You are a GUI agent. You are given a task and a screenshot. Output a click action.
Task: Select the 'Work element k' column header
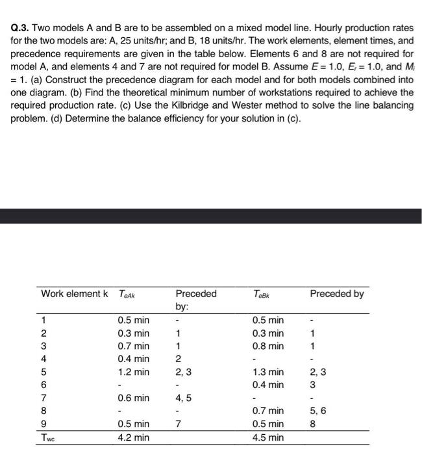tap(74, 294)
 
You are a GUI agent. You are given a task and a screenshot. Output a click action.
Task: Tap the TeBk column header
tap(260, 294)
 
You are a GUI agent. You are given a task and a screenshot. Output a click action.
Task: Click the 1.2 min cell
tap(132, 372)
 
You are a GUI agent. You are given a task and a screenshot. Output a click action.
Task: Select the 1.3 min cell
tap(267, 372)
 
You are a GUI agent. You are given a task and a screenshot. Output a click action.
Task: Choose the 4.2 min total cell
tap(132, 437)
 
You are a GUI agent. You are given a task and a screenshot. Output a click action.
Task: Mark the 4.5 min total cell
tap(267, 437)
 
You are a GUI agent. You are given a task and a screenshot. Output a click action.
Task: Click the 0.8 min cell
tap(267, 346)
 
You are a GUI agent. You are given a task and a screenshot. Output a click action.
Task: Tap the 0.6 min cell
tap(132, 398)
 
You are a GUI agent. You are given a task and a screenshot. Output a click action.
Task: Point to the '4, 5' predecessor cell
tap(184, 398)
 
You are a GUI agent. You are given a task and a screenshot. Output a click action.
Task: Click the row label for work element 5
tap(43, 372)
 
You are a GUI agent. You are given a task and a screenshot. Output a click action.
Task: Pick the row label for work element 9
tap(43, 424)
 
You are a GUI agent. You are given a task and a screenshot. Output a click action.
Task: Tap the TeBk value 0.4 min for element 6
tap(267, 385)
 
